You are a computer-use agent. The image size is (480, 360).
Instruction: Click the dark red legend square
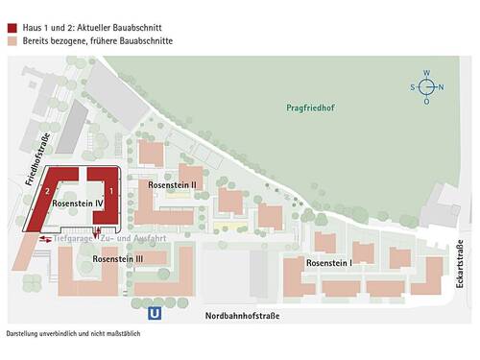(x=12, y=13)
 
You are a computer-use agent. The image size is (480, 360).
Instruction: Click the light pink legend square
(x=12, y=28)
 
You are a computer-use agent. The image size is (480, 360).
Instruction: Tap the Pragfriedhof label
(x=309, y=108)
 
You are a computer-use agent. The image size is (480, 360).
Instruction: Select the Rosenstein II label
(x=173, y=184)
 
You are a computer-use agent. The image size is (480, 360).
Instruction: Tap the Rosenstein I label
(x=329, y=262)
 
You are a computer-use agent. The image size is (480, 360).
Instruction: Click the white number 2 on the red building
(x=46, y=192)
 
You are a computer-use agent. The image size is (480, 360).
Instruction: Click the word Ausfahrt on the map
(x=147, y=238)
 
